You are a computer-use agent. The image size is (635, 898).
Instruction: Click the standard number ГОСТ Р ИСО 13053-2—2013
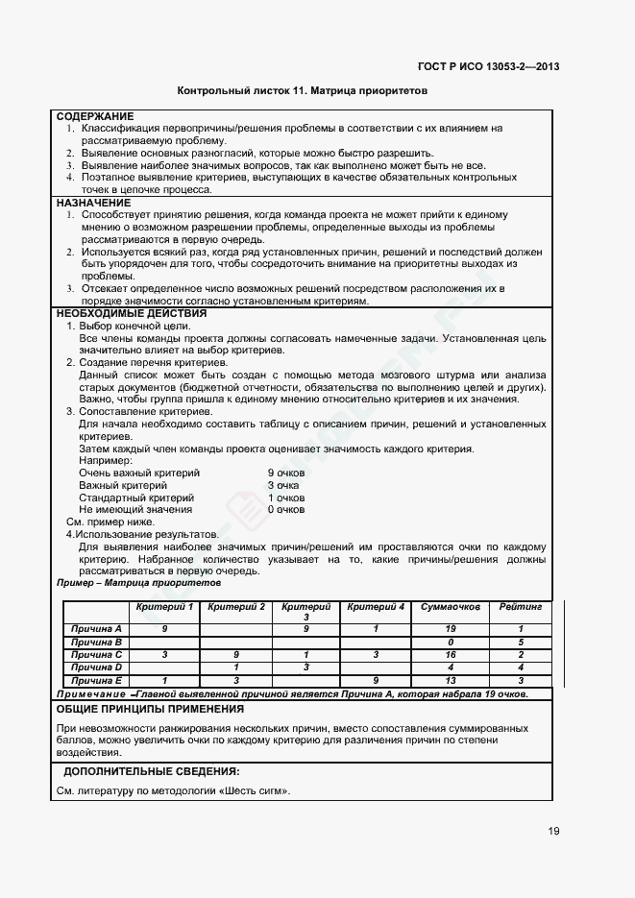(489, 66)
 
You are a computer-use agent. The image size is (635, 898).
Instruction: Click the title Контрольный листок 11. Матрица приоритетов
(303, 91)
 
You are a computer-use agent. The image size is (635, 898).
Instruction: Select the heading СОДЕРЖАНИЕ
(95, 116)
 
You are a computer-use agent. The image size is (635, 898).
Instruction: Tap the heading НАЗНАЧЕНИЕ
(93, 204)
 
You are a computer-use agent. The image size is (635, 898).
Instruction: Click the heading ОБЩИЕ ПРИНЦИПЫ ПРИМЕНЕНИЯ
(150, 709)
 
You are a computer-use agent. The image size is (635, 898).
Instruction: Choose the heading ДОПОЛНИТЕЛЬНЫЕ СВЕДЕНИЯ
(152, 771)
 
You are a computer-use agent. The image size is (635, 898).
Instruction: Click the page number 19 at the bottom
(555, 832)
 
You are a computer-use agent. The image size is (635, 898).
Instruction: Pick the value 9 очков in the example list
(285, 473)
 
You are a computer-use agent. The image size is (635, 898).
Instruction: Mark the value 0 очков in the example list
(285, 509)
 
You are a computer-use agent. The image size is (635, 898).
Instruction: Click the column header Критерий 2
(236, 607)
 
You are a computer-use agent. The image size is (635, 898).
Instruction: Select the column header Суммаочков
(451, 607)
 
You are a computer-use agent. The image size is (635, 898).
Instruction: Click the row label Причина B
(96, 641)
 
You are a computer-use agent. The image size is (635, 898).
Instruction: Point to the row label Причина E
(96, 679)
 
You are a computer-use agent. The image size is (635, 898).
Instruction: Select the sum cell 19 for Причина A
(451, 628)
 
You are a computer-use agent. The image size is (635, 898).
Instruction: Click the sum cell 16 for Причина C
(451, 653)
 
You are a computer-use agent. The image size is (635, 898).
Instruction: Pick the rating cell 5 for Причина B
(520, 641)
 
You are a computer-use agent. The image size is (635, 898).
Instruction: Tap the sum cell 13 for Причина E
(451, 679)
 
